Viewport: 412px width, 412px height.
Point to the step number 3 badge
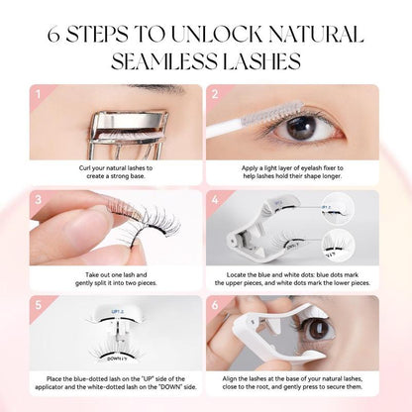(39, 199)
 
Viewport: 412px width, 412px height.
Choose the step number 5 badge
(39, 303)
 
